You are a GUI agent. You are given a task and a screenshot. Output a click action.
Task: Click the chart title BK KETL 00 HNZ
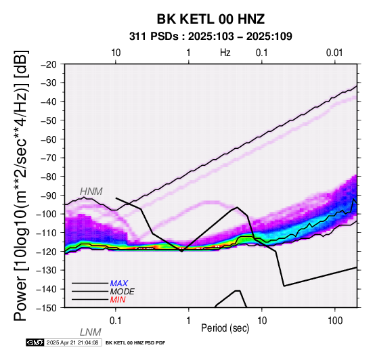point(211,19)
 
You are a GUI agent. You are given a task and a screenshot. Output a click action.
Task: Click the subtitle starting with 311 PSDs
point(211,37)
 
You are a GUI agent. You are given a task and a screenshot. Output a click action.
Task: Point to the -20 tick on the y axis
point(49,64)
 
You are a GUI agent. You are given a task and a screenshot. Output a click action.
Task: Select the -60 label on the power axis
point(49,139)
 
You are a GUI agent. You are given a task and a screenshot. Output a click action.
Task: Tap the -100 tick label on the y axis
point(47,214)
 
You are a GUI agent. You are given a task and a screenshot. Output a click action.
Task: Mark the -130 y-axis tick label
point(47,270)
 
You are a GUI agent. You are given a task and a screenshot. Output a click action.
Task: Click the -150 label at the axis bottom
point(47,308)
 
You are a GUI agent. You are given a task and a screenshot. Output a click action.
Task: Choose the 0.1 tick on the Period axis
point(116,321)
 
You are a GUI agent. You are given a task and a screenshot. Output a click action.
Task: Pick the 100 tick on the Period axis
point(335,321)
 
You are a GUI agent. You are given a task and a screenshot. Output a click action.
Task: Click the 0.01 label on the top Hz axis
point(334,53)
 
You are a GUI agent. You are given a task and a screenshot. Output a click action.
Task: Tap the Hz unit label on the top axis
point(225,53)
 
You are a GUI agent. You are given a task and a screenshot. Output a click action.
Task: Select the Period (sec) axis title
point(225,328)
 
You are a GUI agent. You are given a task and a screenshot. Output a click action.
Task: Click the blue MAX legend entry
point(119,284)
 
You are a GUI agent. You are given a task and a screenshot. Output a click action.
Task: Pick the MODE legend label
point(123,292)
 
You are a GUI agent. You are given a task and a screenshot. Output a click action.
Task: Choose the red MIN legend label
point(118,300)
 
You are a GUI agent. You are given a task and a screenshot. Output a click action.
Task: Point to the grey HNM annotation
point(91,192)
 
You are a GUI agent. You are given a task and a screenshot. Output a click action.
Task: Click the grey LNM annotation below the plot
point(91,332)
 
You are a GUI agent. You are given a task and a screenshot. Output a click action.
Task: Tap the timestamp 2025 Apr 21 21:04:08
point(72,342)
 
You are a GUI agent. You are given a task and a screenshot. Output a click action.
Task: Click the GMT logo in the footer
point(35,342)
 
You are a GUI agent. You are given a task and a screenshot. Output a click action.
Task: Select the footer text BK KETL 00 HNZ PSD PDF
point(135,343)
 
